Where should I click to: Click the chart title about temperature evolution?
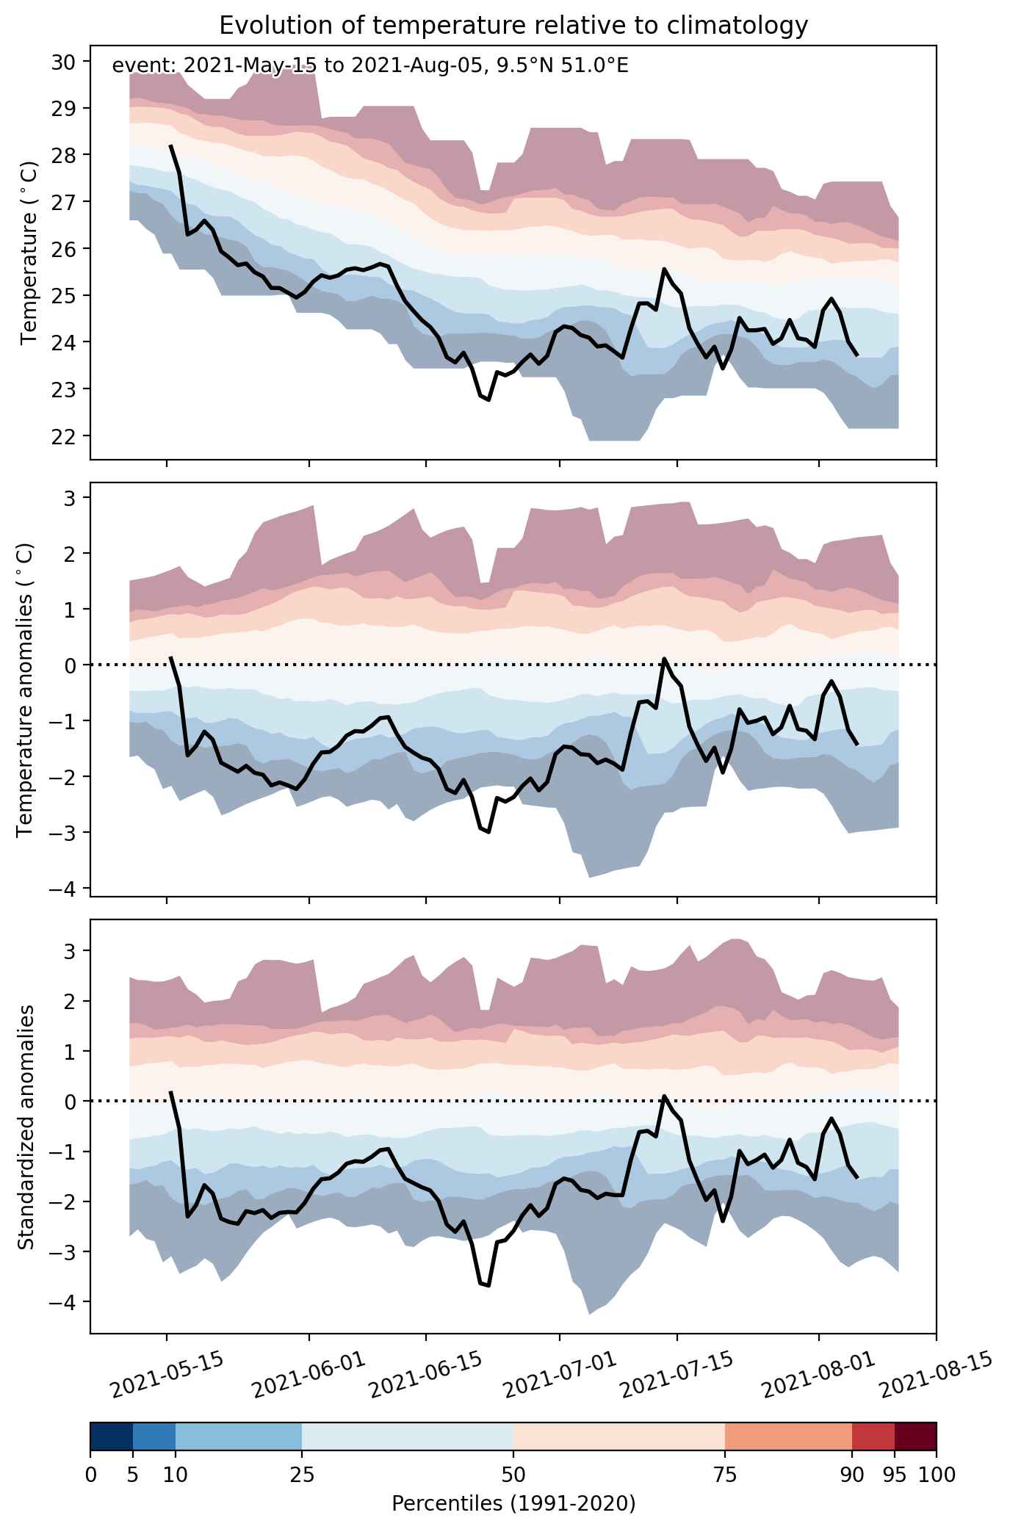(x=513, y=26)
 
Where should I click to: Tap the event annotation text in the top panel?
(x=370, y=66)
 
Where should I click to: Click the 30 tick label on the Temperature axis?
(x=61, y=62)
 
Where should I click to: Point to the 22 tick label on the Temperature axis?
(x=61, y=435)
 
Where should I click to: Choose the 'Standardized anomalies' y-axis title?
(x=26, y=1127)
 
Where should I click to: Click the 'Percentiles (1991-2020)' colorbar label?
(x=513, y=1505)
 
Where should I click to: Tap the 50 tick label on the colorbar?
(x=513, y=1474)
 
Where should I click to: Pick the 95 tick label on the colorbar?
(x=895, y=1474)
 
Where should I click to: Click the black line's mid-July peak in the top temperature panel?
(x=664, y=269)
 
